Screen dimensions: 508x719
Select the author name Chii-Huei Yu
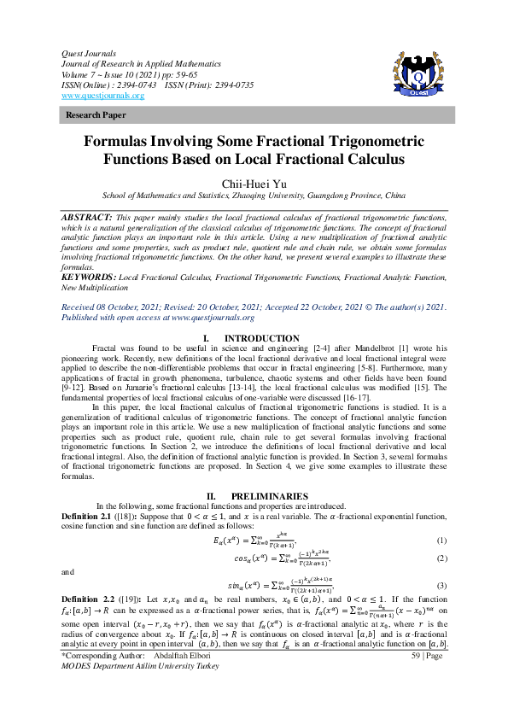coord(254,183)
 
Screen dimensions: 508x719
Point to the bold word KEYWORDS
coord(88,254)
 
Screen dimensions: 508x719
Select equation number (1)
coord(441,541)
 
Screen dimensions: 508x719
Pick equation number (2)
coord(441,558)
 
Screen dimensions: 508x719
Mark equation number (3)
coord(441,586)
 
